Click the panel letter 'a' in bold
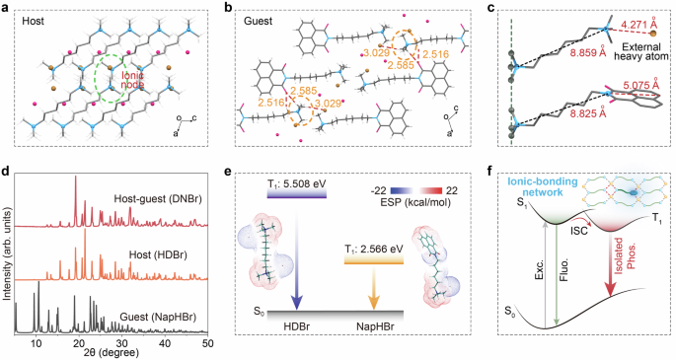point(7,7)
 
